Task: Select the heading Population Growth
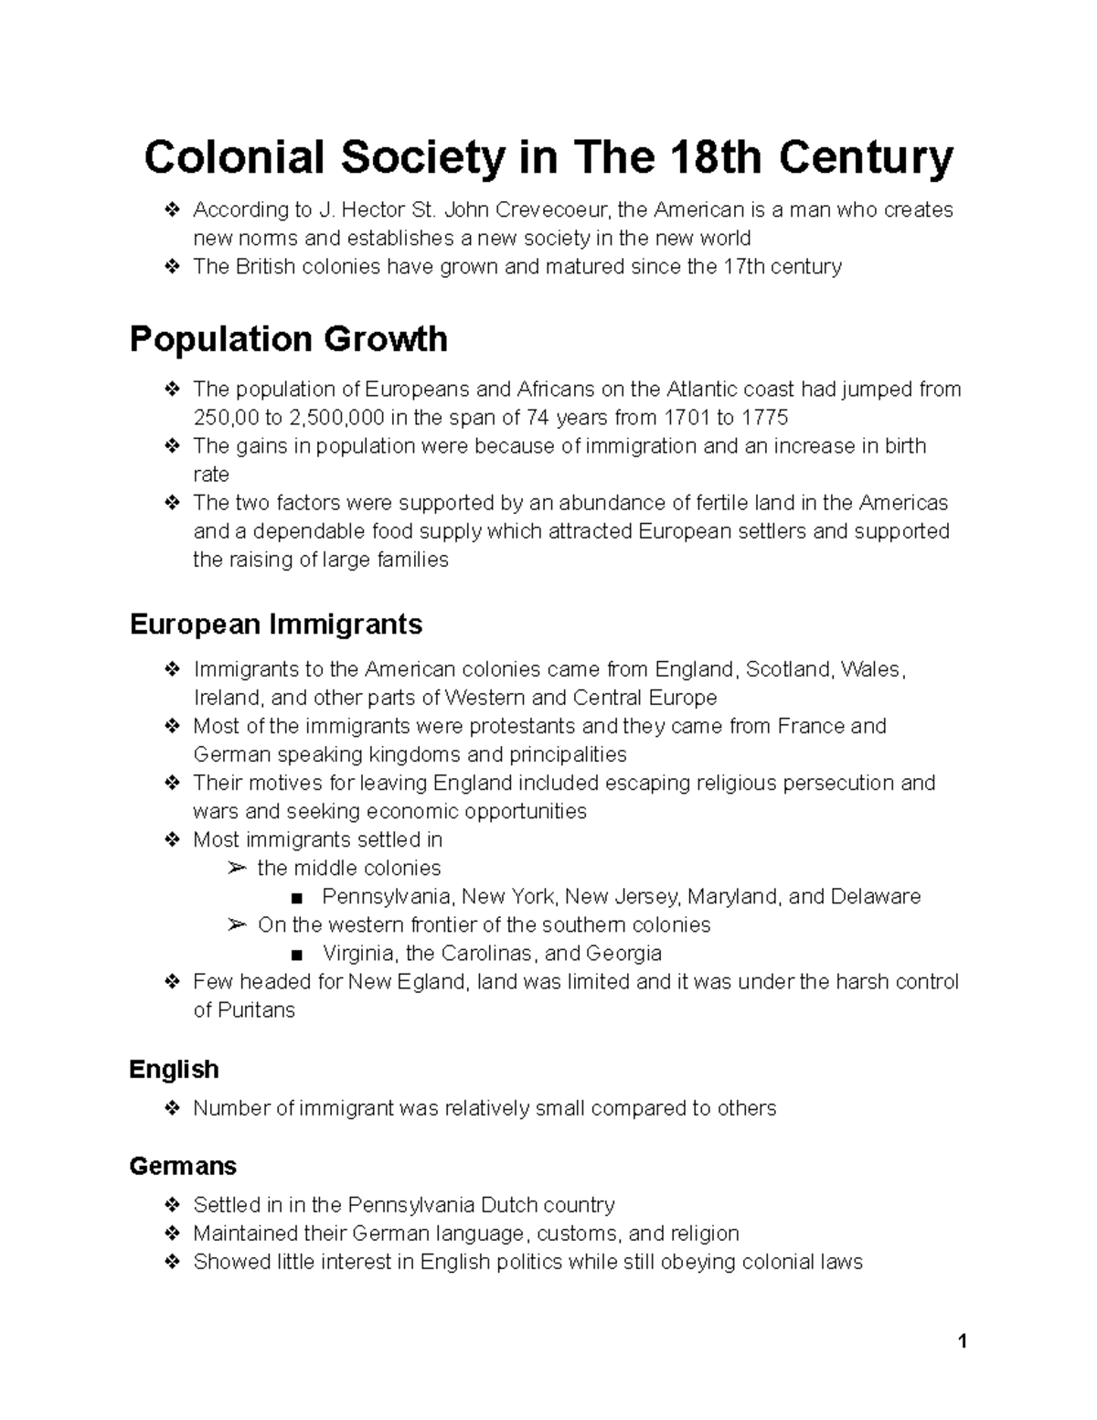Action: click(288, 339)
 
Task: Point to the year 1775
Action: click(764, 418)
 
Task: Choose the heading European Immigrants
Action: click(275, 625)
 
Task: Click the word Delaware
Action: click(875, 896)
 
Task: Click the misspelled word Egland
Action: click(434, 982)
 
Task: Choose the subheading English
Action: click(174, 1069)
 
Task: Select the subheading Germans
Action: click(183, 1166)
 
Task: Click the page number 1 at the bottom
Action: click(962, 1342)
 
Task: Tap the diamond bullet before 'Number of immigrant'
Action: click(171, 1108)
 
